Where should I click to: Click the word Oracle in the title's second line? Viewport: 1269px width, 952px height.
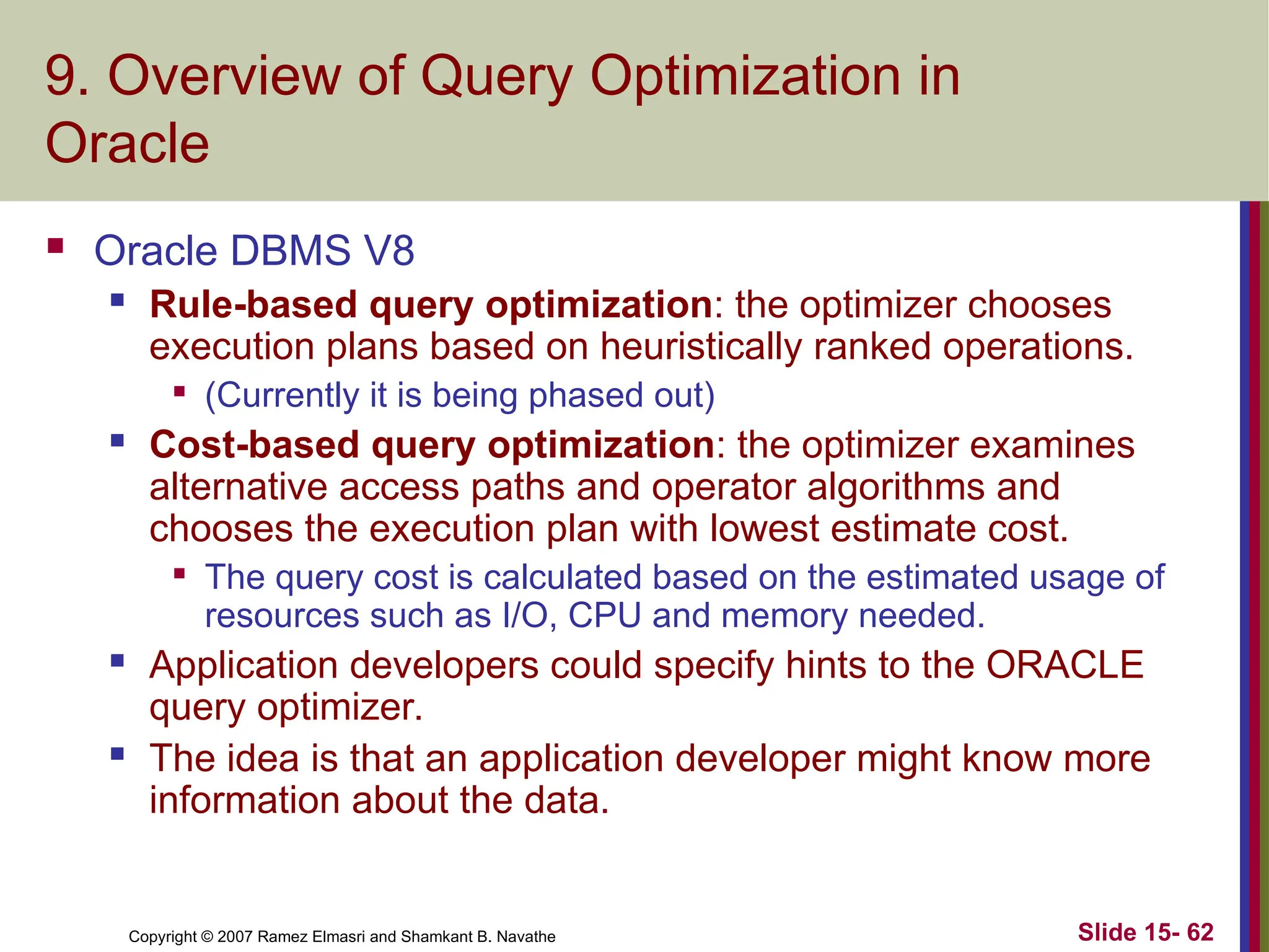click(x=127, y=144)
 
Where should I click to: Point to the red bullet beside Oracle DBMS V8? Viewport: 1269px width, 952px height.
click(x=56, y=246)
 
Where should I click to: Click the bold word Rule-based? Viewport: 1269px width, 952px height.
click(x=253, y=305)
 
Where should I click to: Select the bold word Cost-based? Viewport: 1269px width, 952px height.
click(x=254, y=445)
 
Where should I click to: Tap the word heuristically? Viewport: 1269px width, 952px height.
click(x=701, y=346)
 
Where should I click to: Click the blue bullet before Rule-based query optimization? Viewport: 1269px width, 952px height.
click(x=117, y=301)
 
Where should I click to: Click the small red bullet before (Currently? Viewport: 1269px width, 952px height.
click(x=180, y=392)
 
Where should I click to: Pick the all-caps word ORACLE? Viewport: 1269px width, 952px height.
click(x=1065, y=666)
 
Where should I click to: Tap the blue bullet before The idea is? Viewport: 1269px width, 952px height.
click(x=117, y=754)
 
